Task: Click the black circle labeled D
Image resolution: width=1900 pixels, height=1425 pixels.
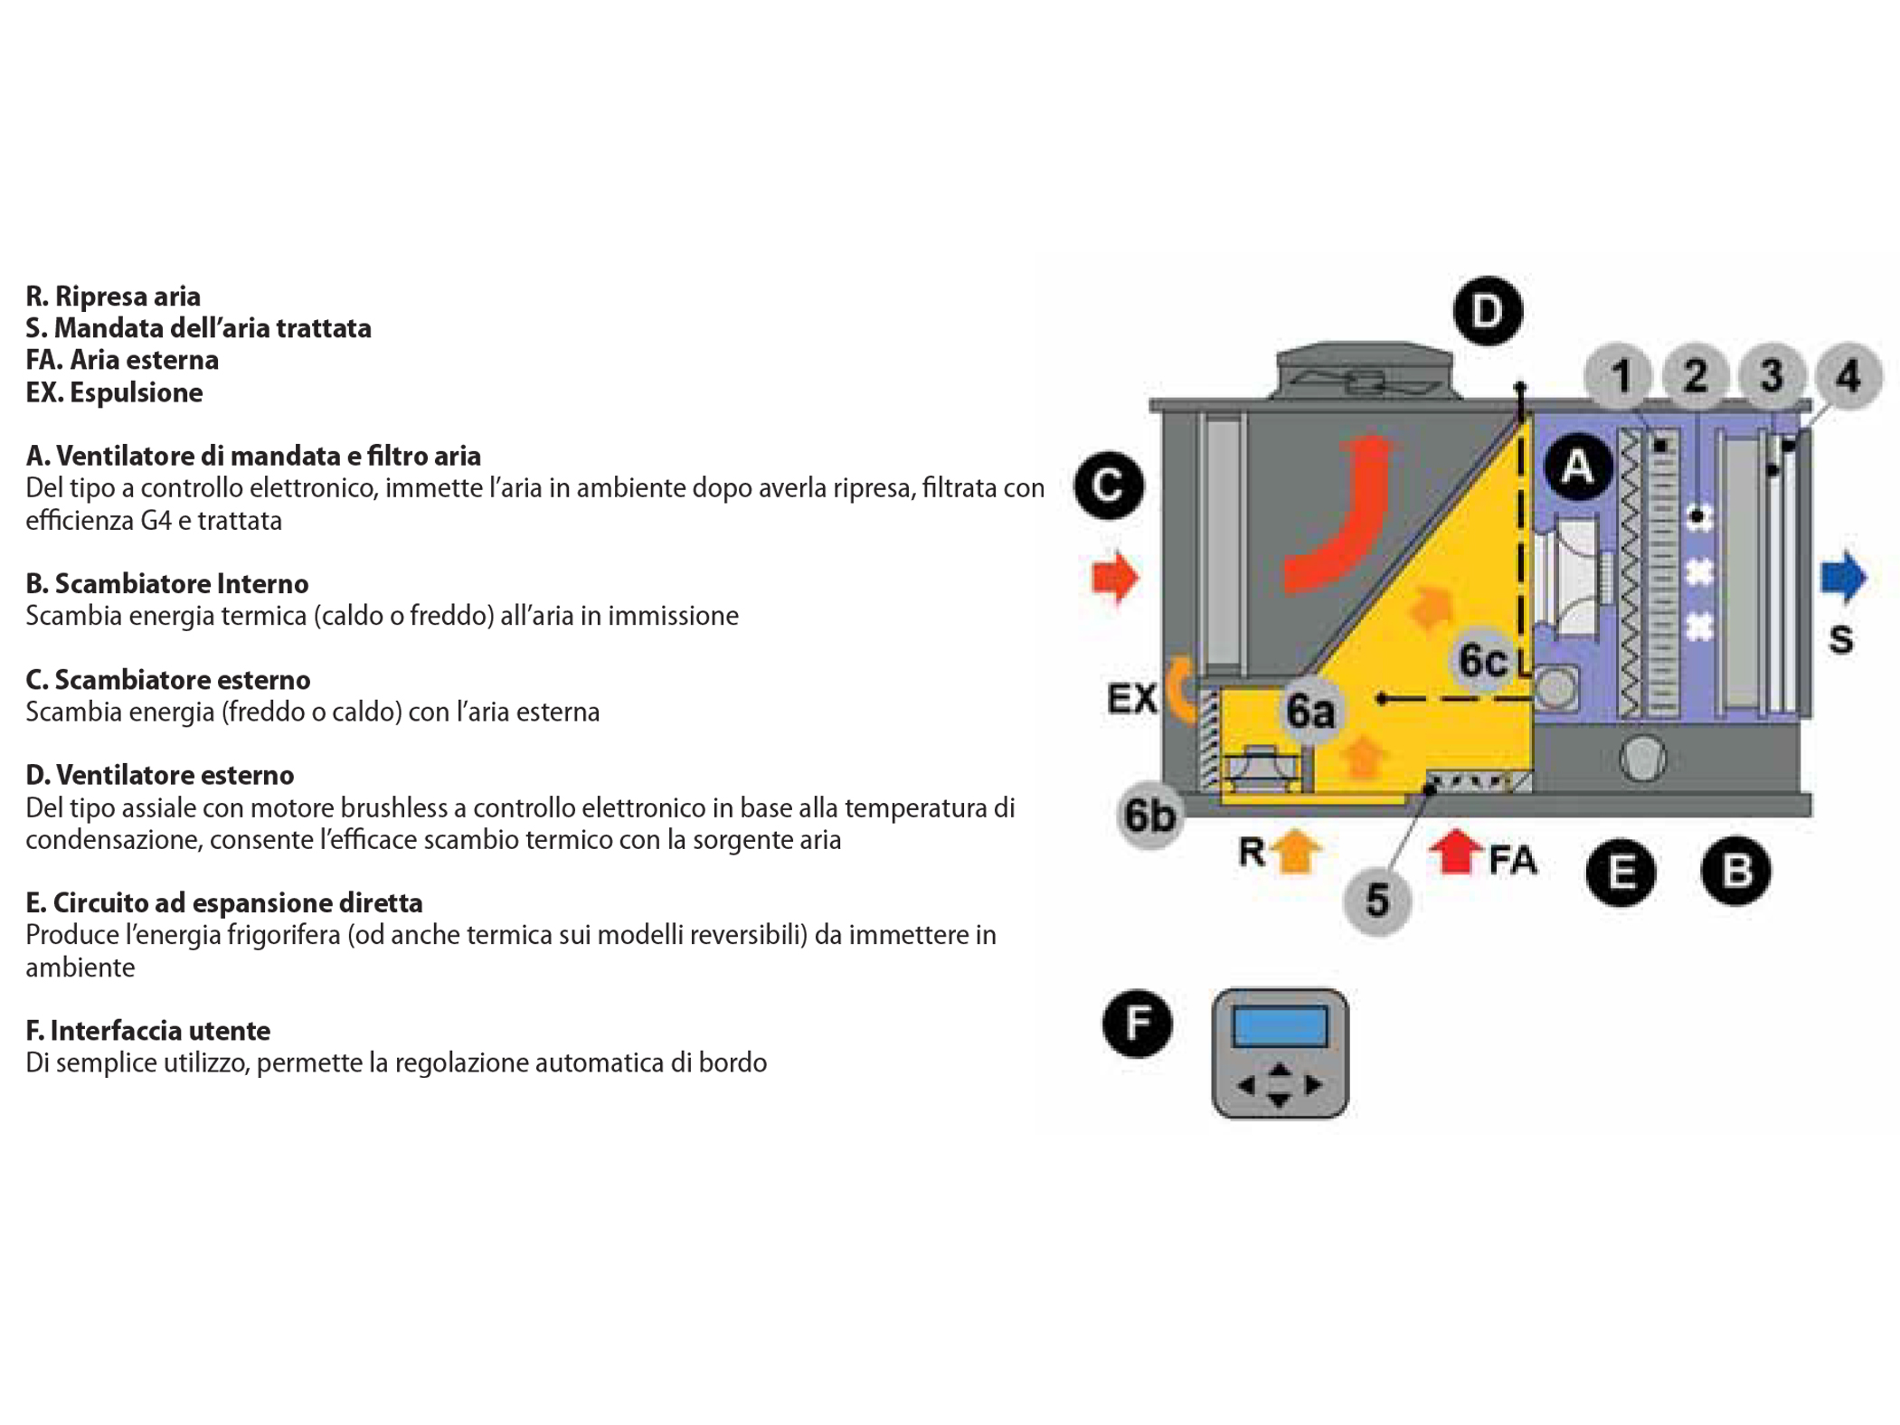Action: (x=1487, y=311)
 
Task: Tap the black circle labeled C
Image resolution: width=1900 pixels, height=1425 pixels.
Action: (x=1109, y=485)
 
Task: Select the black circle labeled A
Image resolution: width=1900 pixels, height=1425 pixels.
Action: (x=1578, y=467)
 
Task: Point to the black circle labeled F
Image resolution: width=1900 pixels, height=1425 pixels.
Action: (x=1137, y=1024)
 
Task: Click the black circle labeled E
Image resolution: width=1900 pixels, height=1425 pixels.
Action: (x=1621, y=872)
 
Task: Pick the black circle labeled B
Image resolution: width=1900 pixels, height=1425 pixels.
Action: (x=1735, y=871)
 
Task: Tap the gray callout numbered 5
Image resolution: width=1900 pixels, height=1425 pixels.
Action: (x=1376, y=901)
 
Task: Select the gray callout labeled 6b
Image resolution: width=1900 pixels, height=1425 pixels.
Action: (x=1149, y=815)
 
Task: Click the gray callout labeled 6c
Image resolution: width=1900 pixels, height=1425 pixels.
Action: (x=1483, y=660)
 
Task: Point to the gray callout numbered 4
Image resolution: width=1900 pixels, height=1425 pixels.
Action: (x=1848, y=375)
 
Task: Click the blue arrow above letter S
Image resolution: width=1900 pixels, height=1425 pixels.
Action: (x=1842, y=577)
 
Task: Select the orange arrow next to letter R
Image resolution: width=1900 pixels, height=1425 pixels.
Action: (x=1296, y=851)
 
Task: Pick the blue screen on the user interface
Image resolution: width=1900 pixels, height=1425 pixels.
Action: (x=1279, y=1026)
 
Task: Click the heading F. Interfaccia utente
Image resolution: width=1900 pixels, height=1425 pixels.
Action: (x=147, y=1030)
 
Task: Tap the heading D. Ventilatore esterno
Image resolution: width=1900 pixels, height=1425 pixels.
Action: (x=159, y=775)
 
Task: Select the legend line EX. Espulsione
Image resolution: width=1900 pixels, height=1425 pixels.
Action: (x=114, y=392)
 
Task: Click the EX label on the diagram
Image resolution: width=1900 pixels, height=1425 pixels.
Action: (x=1131, y=698)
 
